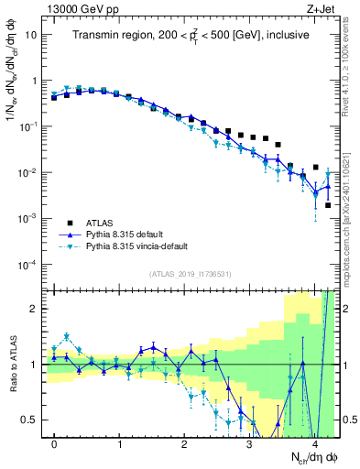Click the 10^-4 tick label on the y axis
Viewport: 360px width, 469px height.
pyautogui.click(x=28, y=265)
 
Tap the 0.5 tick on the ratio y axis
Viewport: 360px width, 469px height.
pyautogui.click(x=31, y=420)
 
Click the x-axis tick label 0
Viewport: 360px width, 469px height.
pyautogui.click(x=55, y=444)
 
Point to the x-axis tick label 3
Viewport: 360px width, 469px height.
pyautogui.click(x=250, y=444)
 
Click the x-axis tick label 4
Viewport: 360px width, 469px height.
pyautogui.click(x=315, y=444)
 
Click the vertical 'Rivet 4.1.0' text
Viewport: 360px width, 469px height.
pyautogui.click(x=352, y=64)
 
